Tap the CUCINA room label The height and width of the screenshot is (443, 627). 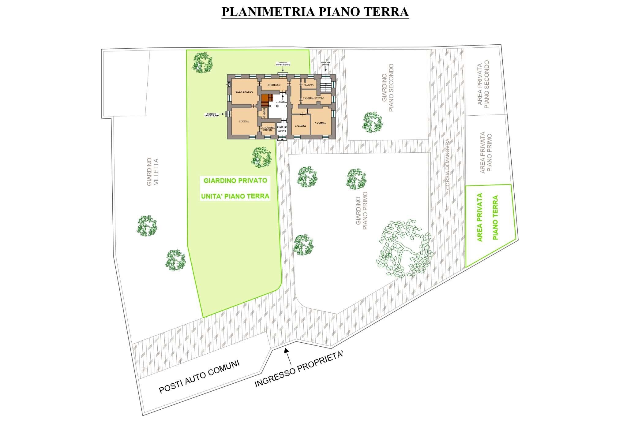point(244,121)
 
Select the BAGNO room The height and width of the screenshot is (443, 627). point(309,85)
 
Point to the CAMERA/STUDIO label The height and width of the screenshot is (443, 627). point(313,99)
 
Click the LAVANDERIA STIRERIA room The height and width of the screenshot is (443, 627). point(268,128)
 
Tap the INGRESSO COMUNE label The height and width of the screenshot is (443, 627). point(282,129)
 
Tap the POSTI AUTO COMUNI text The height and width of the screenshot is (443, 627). point(199,376)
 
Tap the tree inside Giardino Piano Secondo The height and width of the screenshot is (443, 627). point(372,122)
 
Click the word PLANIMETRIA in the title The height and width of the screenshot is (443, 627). point(265,11)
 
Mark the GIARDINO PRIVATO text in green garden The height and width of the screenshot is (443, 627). point(235,180)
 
